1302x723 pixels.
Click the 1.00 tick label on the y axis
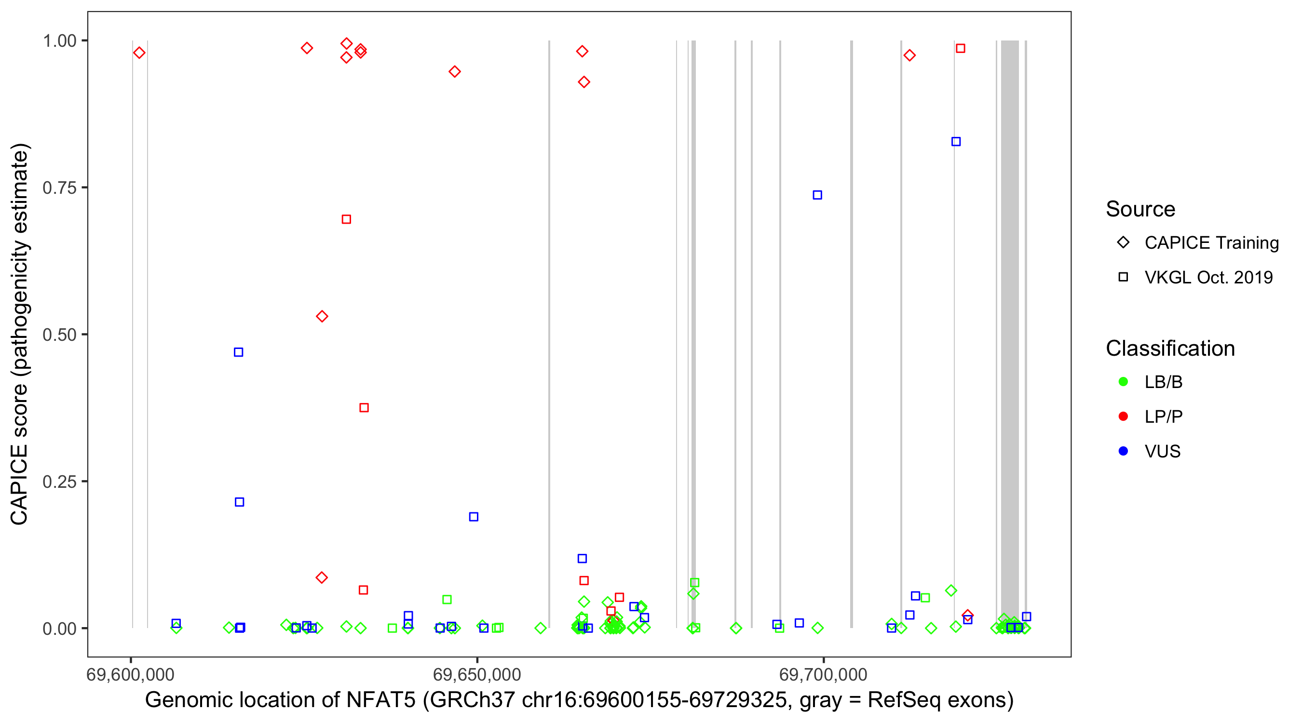59,41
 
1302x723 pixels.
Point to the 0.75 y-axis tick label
59,188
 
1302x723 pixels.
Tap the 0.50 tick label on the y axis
59,335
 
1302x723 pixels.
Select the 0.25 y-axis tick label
59,482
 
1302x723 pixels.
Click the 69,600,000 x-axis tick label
130,674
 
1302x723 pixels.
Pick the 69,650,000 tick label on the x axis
477,674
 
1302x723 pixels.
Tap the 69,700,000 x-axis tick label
823,674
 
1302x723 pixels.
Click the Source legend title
1140,209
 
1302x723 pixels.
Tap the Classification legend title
1170,348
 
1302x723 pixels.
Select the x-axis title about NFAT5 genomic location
579,700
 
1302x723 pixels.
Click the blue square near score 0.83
956,142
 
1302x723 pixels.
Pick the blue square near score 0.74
817,195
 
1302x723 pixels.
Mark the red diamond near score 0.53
322,317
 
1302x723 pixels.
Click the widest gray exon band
1010,334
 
